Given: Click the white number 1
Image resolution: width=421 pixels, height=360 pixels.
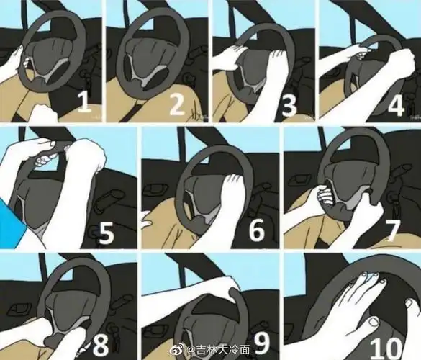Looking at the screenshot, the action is click(x=84, y=103).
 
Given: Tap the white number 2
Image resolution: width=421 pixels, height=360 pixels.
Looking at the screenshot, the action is click(x=176, y=104).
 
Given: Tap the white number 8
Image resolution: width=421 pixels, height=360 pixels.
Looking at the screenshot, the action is click(x=100, y=344).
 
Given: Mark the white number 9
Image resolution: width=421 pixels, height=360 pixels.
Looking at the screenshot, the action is click(x=263, y=345).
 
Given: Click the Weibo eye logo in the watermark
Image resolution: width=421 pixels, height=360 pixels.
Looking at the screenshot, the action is click(x=180, y=348).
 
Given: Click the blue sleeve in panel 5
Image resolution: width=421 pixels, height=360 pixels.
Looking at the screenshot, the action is click(x=12, y=222).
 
